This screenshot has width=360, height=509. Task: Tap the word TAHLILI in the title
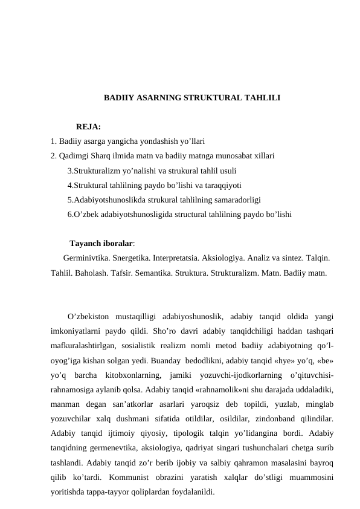pos(262,97)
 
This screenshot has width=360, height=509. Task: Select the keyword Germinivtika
pos(86,258)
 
